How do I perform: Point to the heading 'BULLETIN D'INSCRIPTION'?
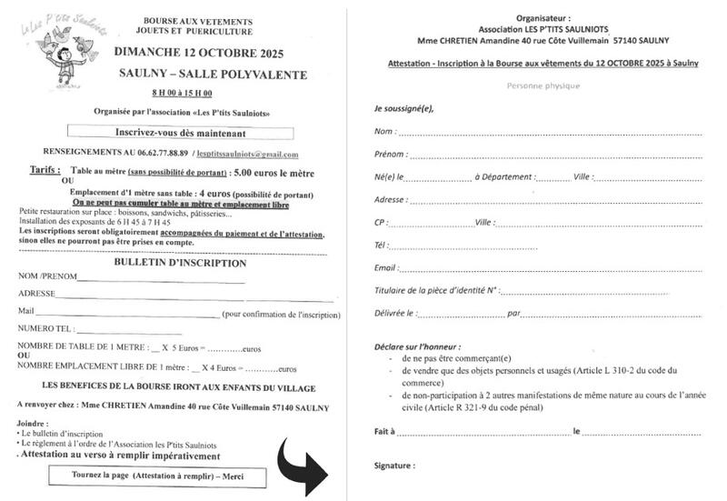click(x=180, y=263)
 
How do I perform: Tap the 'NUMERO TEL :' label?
click(x=45, y=327)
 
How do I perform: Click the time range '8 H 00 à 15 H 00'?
click(x=182, y=94)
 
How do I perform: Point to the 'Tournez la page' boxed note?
click(x=169, y=476)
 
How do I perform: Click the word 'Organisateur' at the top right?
click(x=543, y=17)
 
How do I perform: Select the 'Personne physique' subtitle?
click(x=543, y=85)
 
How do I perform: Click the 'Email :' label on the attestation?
click(x=386, y=267)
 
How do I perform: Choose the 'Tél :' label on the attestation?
click(x=381, y=245)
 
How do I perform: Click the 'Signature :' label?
click(x=394, y=466)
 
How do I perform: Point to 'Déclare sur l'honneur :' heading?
click(x=417, y=347)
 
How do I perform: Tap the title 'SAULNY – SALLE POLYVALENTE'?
click(x=213, y=74)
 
